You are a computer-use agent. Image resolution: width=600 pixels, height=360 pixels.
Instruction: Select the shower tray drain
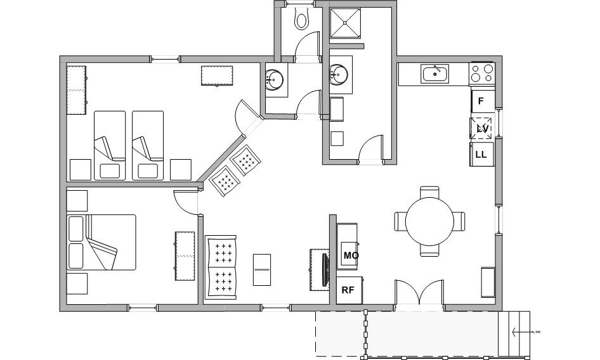pos(345,23)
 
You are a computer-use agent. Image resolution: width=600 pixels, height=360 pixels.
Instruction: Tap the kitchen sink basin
pos(435,74)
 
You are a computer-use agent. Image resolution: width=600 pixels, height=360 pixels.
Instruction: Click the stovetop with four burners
pos(482,73)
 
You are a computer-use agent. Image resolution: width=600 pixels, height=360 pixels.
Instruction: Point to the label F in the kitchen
pos(481,101)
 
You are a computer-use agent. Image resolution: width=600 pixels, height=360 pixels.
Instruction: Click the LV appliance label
pos(482,129)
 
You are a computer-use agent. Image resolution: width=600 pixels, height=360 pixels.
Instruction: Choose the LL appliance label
pos(481,155)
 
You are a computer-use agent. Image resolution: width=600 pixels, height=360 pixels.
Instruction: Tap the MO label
pos(351,255)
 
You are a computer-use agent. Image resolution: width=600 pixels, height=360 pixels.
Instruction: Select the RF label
pos(348,290)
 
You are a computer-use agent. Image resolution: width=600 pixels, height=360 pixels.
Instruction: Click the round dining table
pos(430,221)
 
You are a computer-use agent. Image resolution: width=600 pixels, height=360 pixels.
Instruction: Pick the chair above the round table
pos(430,192)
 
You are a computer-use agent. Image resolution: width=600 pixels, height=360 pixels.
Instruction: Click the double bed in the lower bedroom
pos(101,242)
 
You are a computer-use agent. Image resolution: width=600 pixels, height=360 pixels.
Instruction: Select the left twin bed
pos(110,145)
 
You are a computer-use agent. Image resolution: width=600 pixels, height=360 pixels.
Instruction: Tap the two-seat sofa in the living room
pos(221,267)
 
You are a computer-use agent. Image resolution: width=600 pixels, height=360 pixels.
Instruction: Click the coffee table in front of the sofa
pos(262,270)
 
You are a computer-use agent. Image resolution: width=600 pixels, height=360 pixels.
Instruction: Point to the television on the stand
pos(325,269)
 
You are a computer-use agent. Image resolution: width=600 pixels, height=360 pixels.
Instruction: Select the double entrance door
pos(419,293)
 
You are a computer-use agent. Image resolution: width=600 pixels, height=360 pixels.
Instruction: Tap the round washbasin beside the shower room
pos(339,74)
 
